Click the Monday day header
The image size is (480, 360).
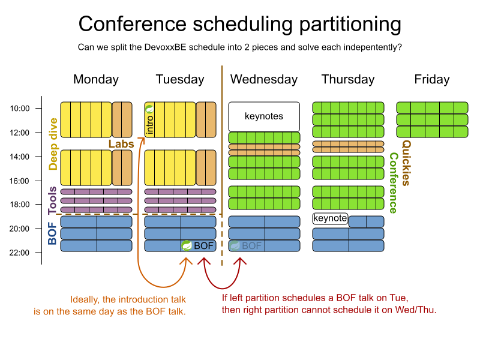96,80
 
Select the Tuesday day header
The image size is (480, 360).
180,80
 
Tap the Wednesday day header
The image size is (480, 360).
264,80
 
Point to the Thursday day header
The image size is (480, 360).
348,80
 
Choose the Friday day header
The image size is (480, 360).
432,80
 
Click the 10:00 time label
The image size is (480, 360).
20,109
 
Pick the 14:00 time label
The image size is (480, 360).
20,157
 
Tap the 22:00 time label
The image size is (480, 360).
20,253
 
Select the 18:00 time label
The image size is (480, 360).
20,205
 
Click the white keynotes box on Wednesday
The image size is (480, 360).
264,116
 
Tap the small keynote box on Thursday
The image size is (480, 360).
331,218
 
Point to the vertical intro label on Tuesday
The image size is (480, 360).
149,124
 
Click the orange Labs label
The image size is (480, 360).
121,144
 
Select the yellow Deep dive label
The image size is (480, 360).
53,144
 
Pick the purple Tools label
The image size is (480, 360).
52,200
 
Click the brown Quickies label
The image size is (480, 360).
406,163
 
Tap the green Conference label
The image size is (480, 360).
393,183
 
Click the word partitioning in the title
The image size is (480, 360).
350,25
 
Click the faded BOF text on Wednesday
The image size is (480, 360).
251,246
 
